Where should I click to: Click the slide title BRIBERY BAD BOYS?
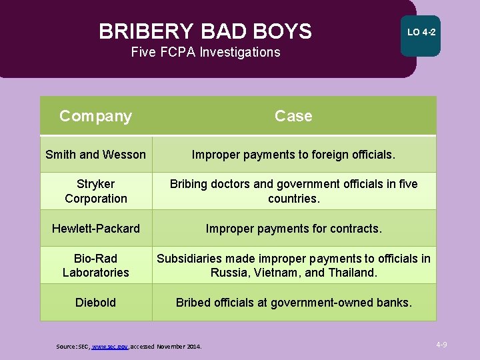(x=205, y=31)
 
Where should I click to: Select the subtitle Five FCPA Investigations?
(x=205, y=52)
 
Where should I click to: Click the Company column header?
(x=95, y=116)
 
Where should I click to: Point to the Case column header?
(x=293, y=116)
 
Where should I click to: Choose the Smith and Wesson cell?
(x=95, y=155)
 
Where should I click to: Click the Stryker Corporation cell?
(x=95, y=191)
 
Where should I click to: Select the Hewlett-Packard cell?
(x=95, y=229)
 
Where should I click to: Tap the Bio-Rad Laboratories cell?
(x=95, y=265)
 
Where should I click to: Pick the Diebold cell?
(x=95, y=303)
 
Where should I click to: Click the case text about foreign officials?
(x=293, y=155)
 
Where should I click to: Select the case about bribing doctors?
(x=293, y=191)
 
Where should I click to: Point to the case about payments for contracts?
(x=293, y=229)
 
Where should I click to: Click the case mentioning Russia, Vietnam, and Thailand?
(x=293, y=265)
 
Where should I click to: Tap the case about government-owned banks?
(x=293, y=303)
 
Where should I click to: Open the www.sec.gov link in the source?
(x=109, y=347)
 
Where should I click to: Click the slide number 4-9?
(x=441, y=345)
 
